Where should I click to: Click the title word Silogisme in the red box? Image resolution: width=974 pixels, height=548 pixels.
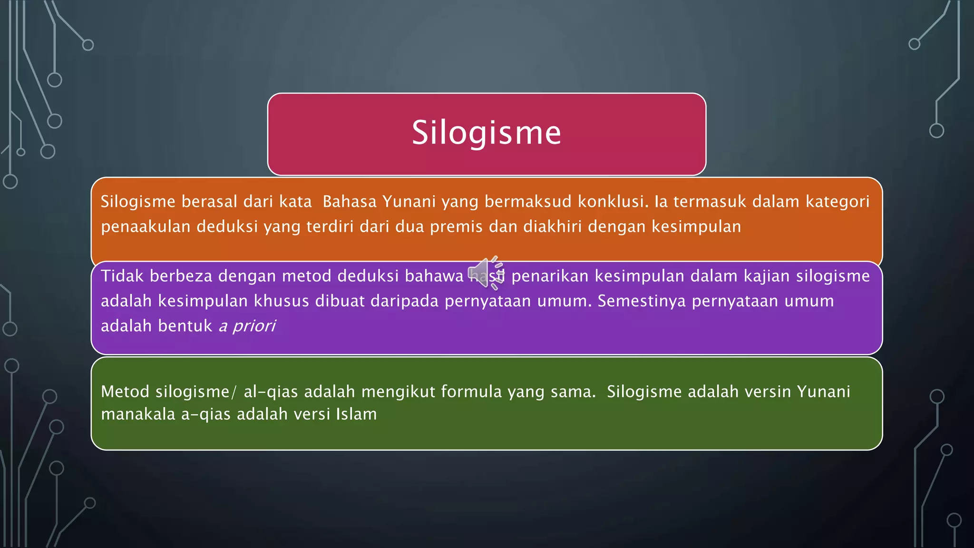pyautogui.click(x=486, y=133)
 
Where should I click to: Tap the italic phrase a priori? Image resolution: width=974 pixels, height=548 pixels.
pyautogui.click(x=247, y=326)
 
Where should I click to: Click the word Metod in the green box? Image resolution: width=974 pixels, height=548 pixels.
pyautogui.click(x=126, y=391)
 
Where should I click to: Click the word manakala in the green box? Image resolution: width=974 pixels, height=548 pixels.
pyautogui.click(x=138, y=414)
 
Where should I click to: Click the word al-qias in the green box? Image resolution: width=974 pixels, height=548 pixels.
pyautogui.click(x=271, y=391)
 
